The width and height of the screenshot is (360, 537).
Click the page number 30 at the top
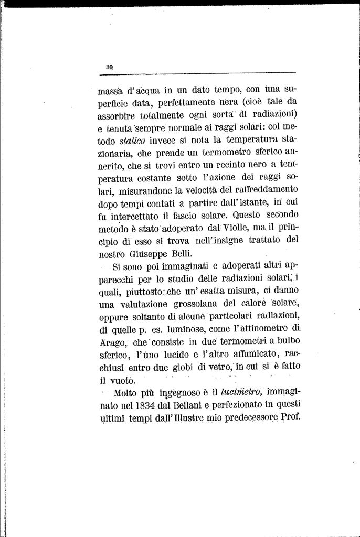[x=110, y=67]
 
